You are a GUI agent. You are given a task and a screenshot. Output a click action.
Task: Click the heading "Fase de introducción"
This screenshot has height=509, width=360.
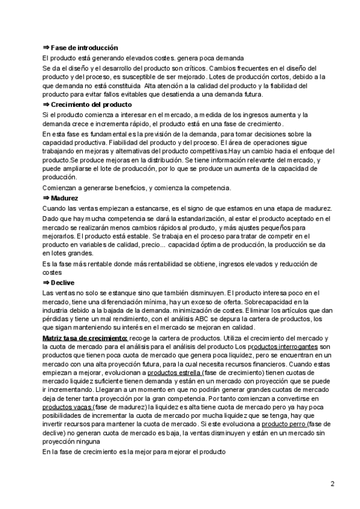tap(84, 47)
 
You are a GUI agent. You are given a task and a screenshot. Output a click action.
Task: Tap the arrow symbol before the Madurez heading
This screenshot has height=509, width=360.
tap(46, 197)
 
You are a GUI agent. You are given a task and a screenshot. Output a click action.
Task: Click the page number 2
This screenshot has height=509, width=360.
tap(332, 484)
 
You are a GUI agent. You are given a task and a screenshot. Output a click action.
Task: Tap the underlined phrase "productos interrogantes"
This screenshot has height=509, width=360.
tap(280, 348)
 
